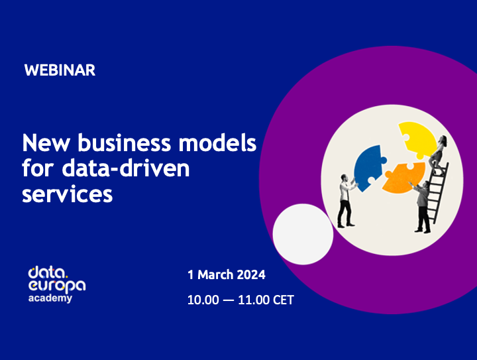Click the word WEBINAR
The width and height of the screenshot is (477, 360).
60,70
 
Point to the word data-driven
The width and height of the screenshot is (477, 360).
125,168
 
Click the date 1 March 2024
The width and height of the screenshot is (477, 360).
226,274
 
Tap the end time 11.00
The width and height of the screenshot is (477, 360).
254,300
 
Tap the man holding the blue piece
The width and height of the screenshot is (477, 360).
345,200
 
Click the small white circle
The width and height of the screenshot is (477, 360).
303,234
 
